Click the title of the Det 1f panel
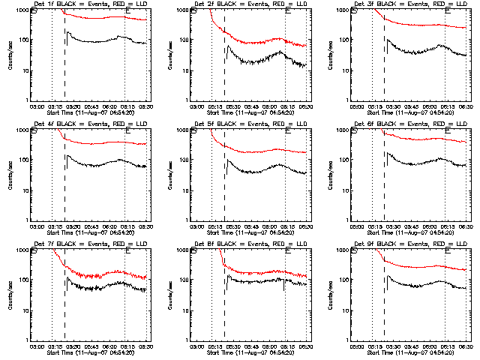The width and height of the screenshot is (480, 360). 90,5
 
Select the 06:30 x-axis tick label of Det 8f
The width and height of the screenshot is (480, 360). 306,346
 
